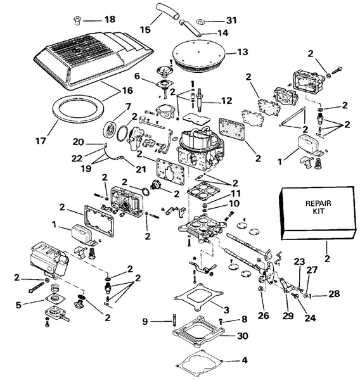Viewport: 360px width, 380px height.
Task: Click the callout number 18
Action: coord(109,20)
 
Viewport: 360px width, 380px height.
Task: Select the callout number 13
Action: coord(243,52)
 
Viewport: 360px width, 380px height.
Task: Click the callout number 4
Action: coord(244,362)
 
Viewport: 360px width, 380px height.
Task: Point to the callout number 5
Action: coord(20,304)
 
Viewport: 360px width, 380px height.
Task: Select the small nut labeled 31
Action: coord(209,20)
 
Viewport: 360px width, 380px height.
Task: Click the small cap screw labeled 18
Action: coord(87,20)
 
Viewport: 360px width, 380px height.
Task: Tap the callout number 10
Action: coord(219,204)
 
